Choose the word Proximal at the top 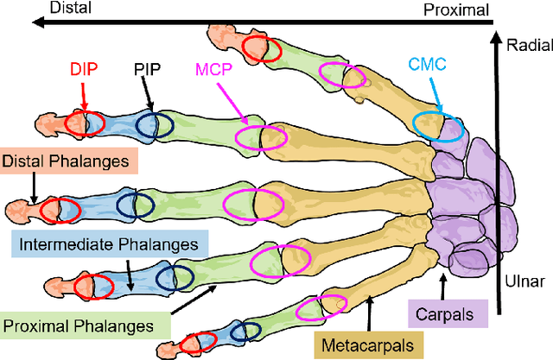[456, 9]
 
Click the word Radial [525, 47]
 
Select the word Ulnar [522, 282]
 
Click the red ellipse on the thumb [258, 47]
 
